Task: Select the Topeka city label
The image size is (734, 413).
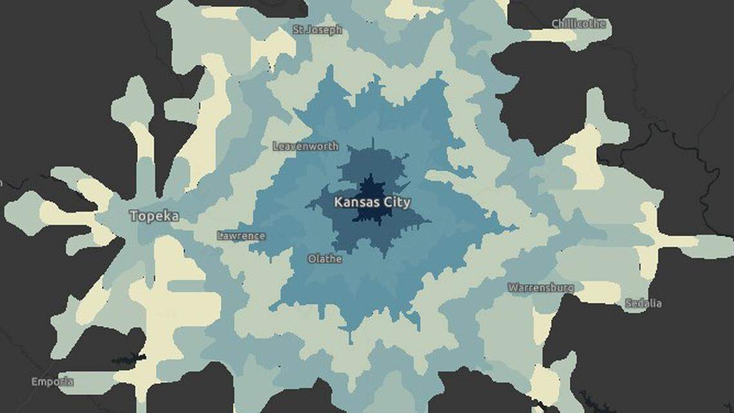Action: point(154,216)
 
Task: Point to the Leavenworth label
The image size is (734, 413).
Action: point(305,146)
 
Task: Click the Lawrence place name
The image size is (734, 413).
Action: point(241,236)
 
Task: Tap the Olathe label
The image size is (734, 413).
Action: point(325,259)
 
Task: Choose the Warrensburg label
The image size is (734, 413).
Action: point(540,287)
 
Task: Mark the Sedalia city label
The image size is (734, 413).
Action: point(643,303)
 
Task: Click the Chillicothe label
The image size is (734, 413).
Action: point(579,24)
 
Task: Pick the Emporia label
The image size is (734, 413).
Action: point(52,382)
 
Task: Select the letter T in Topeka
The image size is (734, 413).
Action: point(133,216)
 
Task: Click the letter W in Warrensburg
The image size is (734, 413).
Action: point(512,287)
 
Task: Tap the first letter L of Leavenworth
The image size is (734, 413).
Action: point(276,146)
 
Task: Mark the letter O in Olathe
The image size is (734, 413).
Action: point(312,259)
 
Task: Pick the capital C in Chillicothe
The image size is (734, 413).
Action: point(556,24)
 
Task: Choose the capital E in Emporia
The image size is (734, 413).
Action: point(34,382)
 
